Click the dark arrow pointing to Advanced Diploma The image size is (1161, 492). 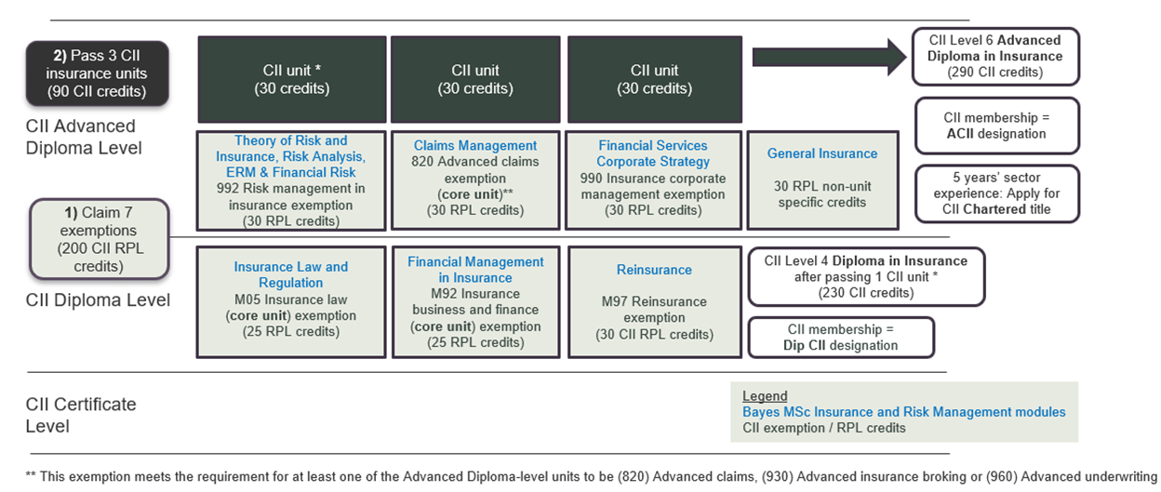tap(829, 57)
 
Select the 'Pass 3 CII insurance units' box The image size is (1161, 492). tap(98, 73)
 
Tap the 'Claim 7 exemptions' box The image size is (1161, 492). tap(99, 239)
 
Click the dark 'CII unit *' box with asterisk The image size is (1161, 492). tap(292, 79)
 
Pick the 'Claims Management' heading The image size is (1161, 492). tap(475, 146)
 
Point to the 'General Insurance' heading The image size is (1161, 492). tap(822, 153)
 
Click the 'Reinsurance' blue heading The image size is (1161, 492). tap(654, 270)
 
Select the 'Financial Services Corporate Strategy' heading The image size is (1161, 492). tap(653, 153)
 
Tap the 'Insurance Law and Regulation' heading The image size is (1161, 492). tap(291, 274)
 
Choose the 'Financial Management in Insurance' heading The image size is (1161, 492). tap(475, 270)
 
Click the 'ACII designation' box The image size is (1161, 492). tap(996, 126)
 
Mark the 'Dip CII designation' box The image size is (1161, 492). tap(841, 338)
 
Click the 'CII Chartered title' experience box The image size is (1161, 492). tap(996, 193)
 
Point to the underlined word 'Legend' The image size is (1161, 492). tap(765, 396)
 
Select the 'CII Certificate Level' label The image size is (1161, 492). tap(81, 416)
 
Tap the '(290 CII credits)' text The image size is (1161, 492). tap(995, 72)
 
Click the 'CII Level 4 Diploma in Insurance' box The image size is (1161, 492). tap(866, 277)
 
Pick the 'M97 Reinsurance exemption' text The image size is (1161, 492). tap(654, 310)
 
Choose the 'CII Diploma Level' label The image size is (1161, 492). tap(98, 299)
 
